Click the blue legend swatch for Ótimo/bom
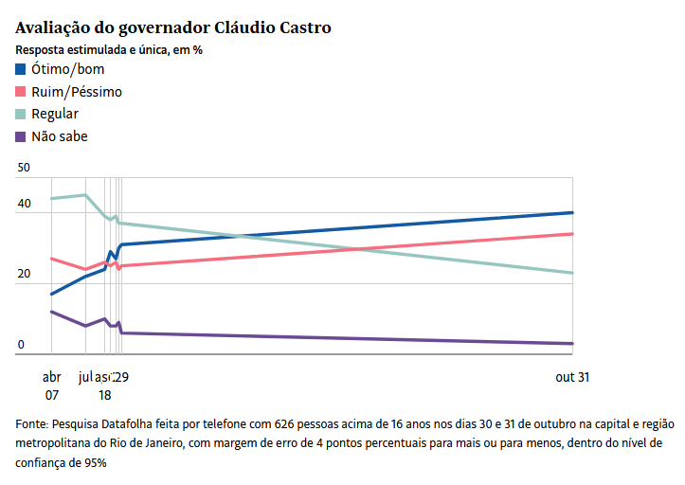pyautogui.click(x=21, y=69)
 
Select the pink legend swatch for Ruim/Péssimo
pyautogui.click(x=21, y=92)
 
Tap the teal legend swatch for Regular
pyautogui.click(x=21, y=115)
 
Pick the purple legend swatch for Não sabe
pyautogui.click(x=21, y=137)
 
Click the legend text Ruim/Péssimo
pyautogui.click(x=77, y=92)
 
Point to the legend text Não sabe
pyautogui.click(x=60, y=137)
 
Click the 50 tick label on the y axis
pyautogui.click(x=24, y=168)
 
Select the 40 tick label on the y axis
pyautogui.click(x=24, y=204)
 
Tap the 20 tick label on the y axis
pyautogui.click(x=24, y=274)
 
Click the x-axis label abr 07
pyautogui.click(x=51, y=386)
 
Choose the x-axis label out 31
pyautogui.click(x=572, y=377)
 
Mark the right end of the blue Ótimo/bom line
pyautogui.click(x=572, y=212)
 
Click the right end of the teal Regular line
pyautogui.click(x=572, y=273)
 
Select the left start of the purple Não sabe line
pyautogui.click(x=51, y=312)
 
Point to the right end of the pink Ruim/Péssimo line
pyautogui.click(x=572, y=233)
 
